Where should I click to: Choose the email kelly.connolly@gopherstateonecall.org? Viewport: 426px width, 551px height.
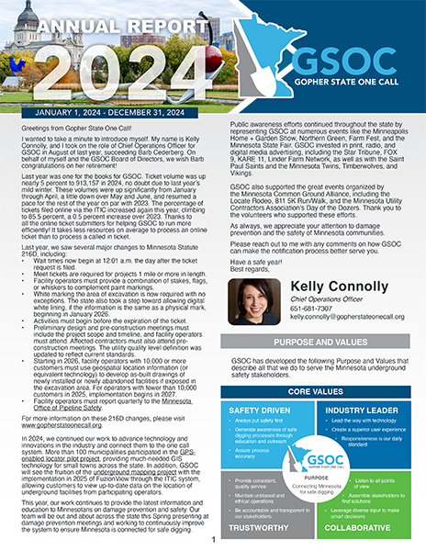349,320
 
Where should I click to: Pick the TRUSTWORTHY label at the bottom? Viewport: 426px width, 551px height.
266,530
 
